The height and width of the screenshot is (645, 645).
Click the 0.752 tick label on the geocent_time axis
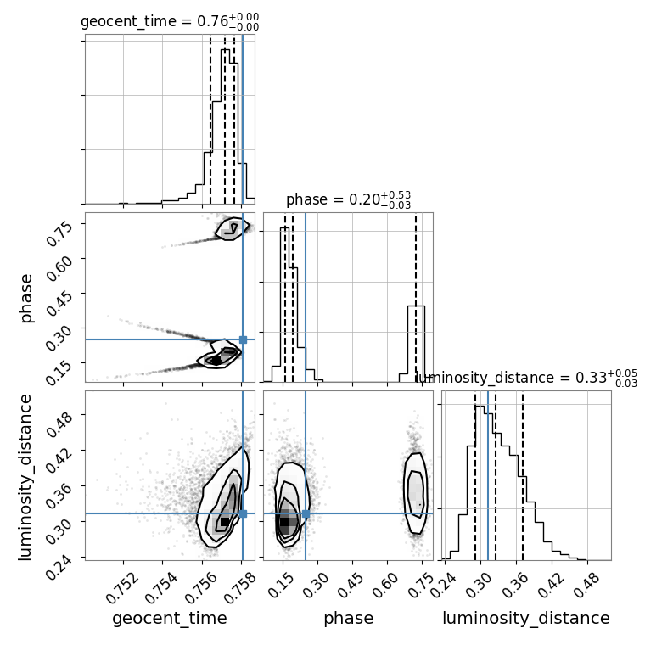tap(122, 588)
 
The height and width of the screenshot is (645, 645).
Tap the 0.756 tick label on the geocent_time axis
tap(201, 588)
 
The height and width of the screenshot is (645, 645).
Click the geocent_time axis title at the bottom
tap(170, 619)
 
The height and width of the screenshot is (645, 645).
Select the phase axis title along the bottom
tap(349, 619)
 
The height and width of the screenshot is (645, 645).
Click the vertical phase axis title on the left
tap(26, 299)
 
